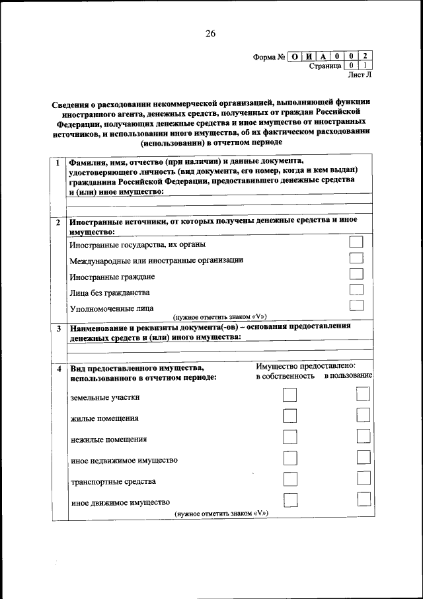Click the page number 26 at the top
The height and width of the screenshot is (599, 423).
coord(210,34)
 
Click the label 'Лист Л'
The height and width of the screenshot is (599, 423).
coord(360,76)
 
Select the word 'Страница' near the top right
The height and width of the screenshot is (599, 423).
coord(325,66)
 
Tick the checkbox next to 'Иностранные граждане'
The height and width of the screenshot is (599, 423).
coord(356,274)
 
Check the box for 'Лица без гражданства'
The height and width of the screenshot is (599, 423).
coord(356,290)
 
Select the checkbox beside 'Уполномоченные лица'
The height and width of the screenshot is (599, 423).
coord(356,305)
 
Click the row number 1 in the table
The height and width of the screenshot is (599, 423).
coord(58,162)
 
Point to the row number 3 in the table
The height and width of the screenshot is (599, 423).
coord(58,328)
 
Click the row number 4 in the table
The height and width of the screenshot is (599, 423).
coord(58,368)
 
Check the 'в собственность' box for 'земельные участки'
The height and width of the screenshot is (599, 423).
coord(289,395)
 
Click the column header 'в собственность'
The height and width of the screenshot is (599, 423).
coord(285,377)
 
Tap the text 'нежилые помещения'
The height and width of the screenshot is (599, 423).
coord(108,439)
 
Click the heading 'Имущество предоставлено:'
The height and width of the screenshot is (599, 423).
coord(305,365)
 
